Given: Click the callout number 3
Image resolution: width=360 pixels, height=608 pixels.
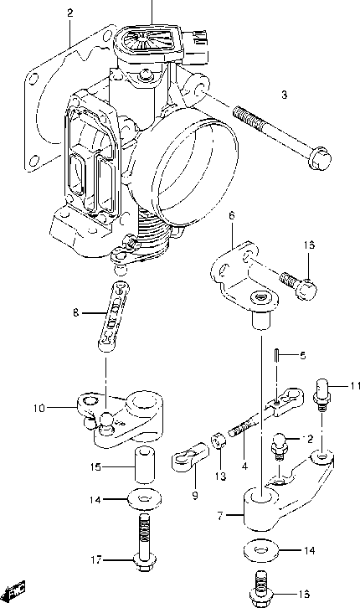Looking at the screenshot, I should coord(283,95).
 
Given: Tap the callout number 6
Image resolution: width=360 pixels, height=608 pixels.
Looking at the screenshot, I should coord(231,216).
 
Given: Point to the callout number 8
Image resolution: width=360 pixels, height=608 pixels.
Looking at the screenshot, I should coord(75,312).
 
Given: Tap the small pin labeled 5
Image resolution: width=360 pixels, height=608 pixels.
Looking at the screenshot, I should coord(278,355).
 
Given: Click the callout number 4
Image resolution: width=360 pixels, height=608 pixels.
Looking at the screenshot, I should coord(243,466).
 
